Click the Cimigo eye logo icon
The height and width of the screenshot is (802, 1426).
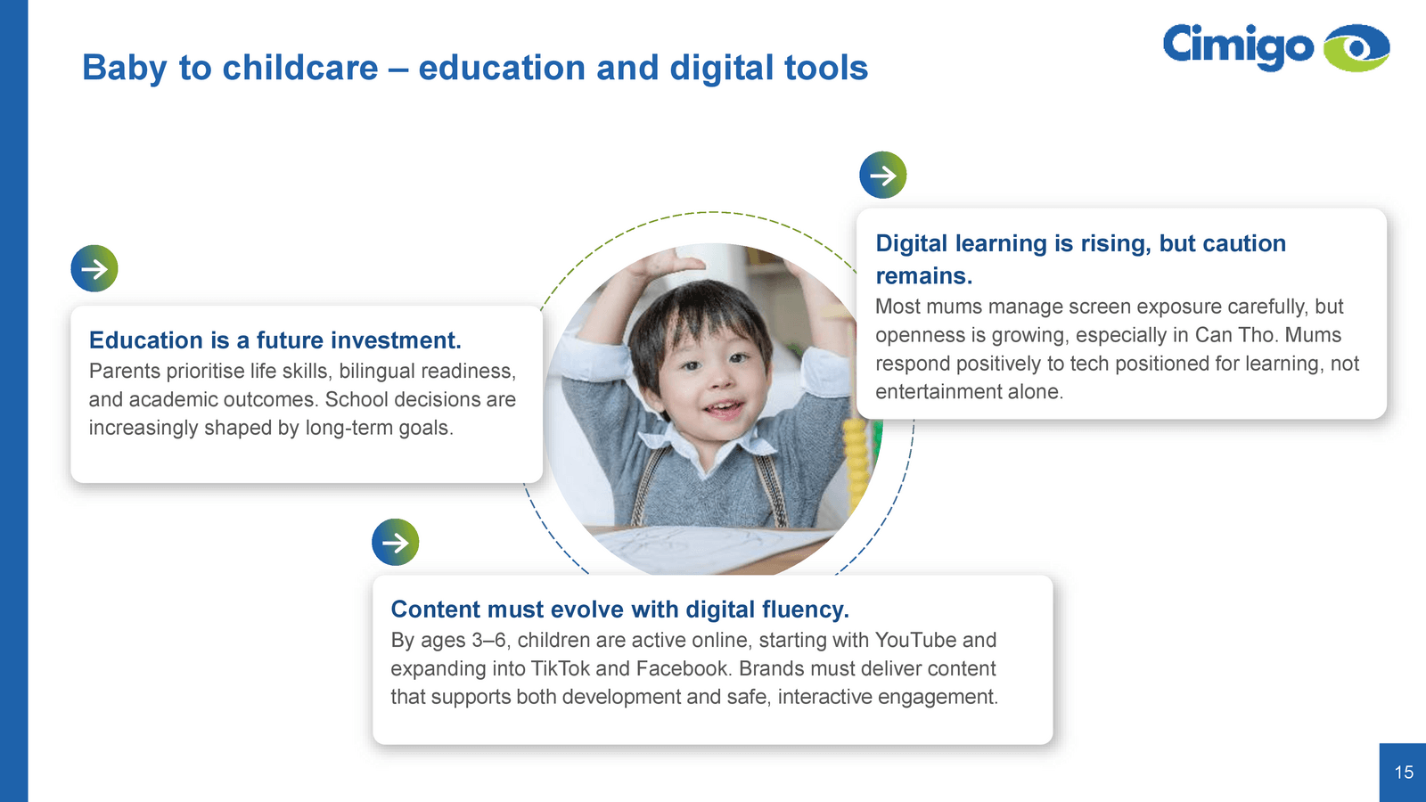(x=1356, y=48)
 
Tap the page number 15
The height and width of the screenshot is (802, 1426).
(x=1404, y=772)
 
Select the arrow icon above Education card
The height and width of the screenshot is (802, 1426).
(x=94, y=268)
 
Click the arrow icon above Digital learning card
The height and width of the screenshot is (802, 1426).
(x=883, y=175)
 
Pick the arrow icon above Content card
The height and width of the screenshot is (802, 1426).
(x=396, y=543)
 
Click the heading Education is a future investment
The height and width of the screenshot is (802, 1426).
(x=275, y=340)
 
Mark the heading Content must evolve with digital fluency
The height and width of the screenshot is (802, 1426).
(x=620, y=610)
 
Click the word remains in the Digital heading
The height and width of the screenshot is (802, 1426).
(x=923, y=275)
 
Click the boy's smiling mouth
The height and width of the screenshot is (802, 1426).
(x=724, y=407)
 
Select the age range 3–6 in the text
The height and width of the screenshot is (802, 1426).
(x=489, y=640)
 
